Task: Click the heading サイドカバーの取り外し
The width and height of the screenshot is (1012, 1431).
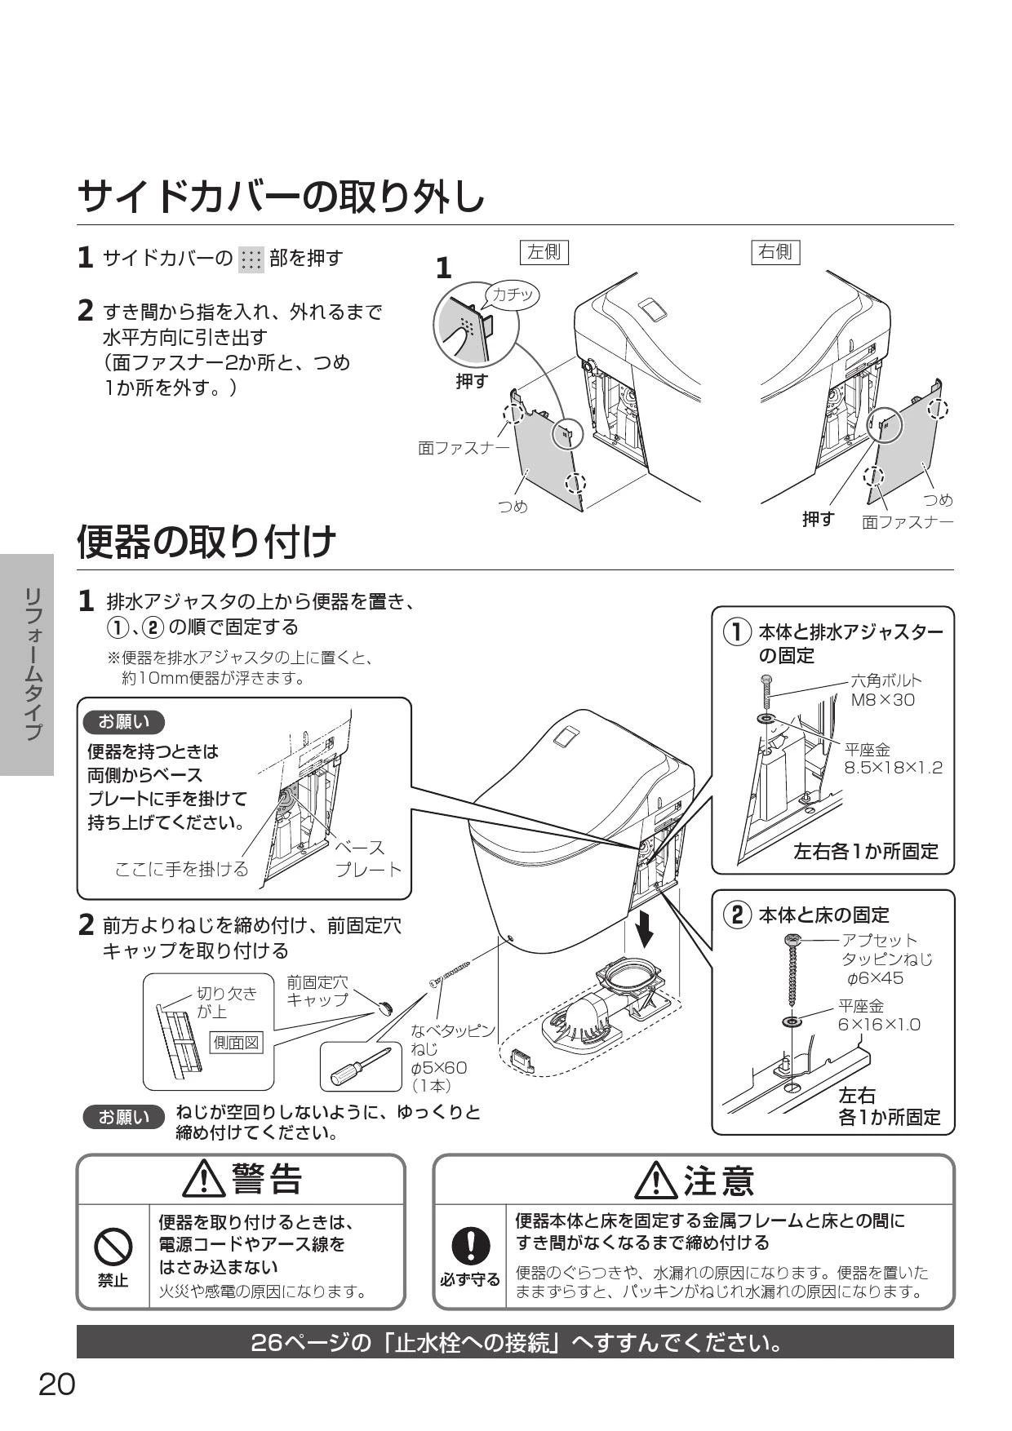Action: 281,197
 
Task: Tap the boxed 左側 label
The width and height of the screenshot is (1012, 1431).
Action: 544,252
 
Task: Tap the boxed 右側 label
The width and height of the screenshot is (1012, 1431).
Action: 776,252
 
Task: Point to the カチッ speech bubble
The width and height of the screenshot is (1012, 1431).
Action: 512,295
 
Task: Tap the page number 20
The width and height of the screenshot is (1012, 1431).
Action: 57,1385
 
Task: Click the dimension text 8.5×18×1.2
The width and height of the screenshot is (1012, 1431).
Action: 893,768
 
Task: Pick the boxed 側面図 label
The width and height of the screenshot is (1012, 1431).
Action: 237,1043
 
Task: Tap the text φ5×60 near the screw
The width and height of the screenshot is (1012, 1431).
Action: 439,1067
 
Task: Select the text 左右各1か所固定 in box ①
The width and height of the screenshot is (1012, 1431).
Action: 866,851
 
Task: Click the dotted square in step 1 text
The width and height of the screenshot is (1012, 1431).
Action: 251,259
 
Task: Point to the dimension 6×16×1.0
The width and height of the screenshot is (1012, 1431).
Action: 879,1024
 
